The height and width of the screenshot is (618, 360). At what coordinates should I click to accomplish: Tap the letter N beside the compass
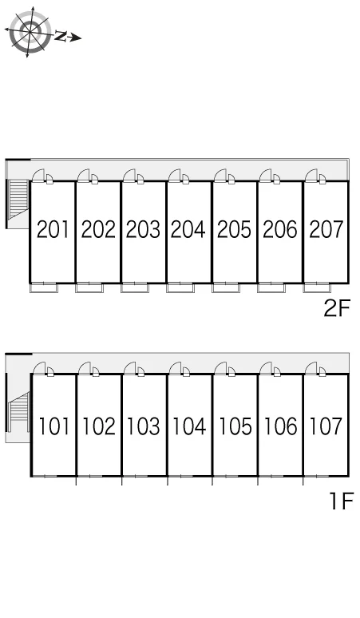[x=60, y=36]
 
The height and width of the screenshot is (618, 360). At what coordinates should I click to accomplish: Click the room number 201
[x=53, y=229]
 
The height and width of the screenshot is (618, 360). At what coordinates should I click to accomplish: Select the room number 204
[x=188, y=229]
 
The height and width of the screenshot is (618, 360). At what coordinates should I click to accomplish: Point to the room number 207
[x=326, y=229]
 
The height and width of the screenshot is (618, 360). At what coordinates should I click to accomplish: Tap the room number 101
[x=54, y=426]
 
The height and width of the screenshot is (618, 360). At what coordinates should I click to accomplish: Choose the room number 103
[x=144, y=426]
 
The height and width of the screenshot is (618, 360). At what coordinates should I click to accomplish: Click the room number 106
[x=280, y=426]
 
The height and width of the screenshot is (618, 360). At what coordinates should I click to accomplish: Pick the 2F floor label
[x=337, y=309]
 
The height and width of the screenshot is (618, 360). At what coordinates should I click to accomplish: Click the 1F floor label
[x=342, y=501]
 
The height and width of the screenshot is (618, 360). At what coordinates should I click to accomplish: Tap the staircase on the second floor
[x=18, y=199]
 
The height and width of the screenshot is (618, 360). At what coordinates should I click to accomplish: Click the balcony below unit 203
[x=135, y=288]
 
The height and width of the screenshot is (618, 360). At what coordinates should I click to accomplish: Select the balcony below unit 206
[x=271, y=288]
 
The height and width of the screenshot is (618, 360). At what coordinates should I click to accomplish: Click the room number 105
[x=235, y=426]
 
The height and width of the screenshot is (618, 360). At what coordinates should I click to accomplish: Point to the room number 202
[x=98, y=229]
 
